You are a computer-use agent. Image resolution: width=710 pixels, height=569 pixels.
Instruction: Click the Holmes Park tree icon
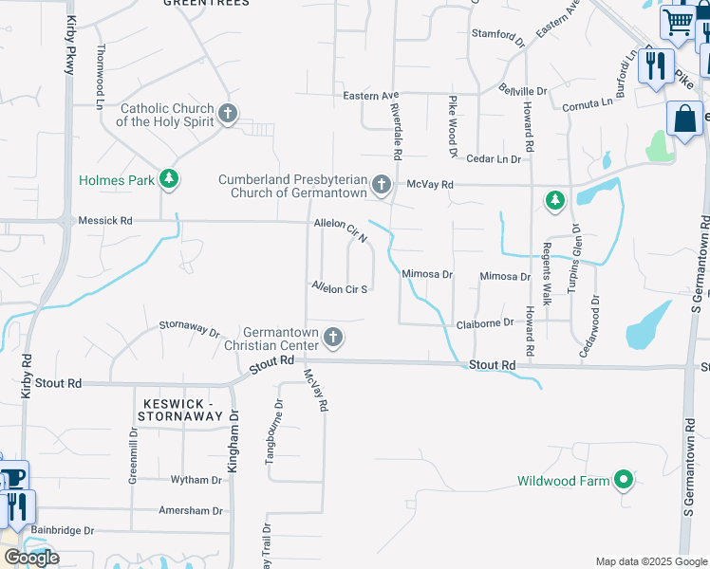pos(169,178)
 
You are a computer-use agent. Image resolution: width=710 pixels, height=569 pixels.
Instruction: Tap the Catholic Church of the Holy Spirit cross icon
pos(227,115)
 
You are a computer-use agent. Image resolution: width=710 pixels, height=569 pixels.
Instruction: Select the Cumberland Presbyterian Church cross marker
pos(382,185)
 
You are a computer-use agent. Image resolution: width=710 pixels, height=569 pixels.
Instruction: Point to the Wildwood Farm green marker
pos(624,481)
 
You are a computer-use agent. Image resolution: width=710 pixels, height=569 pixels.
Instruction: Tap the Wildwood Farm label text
pos(563,481)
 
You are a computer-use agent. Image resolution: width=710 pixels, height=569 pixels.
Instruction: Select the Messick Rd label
pos(105,220)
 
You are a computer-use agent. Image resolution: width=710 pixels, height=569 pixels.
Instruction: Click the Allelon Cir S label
pos(340,287)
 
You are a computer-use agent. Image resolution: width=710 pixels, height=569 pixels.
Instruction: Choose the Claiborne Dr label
pos(485,323)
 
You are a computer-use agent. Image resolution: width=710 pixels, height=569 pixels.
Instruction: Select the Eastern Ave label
pos(370,96)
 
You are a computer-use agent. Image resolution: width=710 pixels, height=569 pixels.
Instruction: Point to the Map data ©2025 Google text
pos(650,561)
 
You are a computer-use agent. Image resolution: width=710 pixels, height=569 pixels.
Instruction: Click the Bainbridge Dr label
pos(63,530)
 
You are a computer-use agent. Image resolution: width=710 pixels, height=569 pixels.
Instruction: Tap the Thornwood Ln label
pos(100,71)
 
